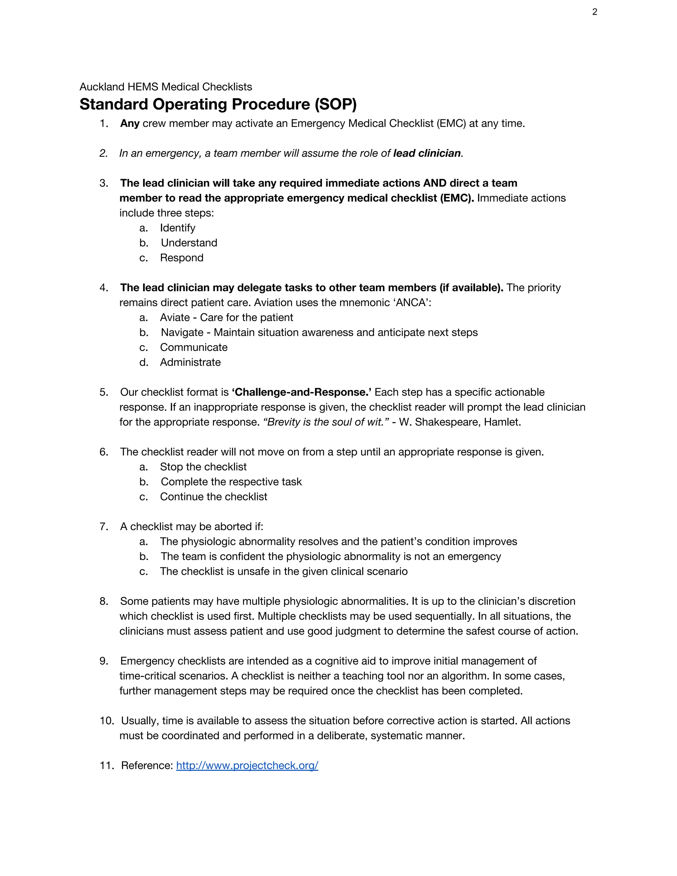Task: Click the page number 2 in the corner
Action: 594,12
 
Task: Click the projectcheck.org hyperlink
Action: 247,765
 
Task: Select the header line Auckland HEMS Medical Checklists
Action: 166,87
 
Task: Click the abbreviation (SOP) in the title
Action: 335,104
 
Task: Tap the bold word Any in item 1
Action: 130,123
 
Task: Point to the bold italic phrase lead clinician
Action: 427,153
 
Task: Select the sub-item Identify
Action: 178,228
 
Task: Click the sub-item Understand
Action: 189,243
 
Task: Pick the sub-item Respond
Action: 182,258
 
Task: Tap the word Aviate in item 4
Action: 175,317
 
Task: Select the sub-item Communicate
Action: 194,347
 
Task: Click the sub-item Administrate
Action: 190,362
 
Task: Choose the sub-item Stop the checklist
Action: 203,466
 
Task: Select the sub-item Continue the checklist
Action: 213,497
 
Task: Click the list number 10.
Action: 106,721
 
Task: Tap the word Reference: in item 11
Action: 147,765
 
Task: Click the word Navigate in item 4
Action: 182,333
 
